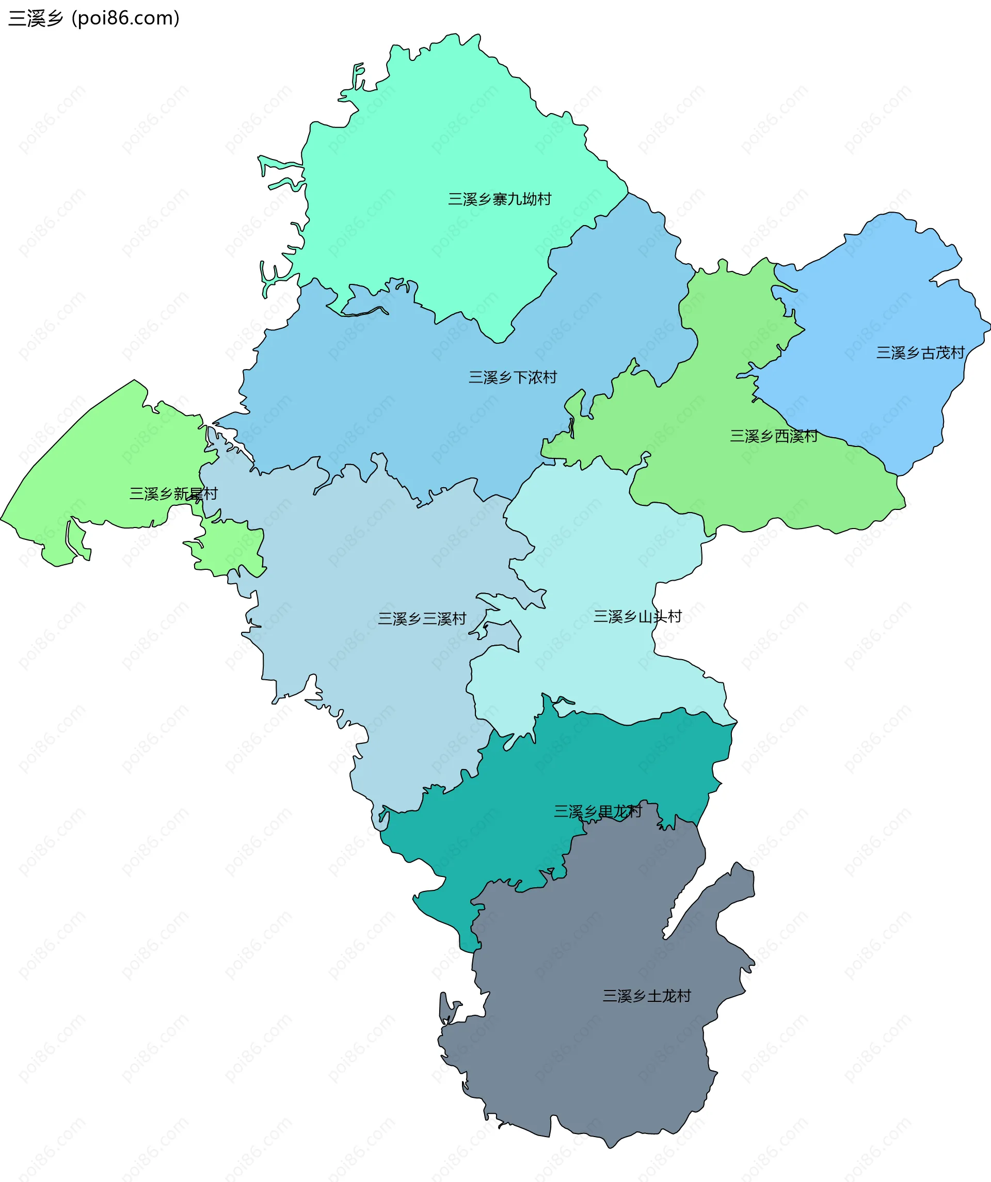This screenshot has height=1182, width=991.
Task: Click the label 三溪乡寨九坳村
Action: (x=499, y=199)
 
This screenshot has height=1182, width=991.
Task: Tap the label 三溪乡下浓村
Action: (x=513, y=377)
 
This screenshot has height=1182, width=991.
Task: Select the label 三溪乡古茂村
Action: (x=920, y=353)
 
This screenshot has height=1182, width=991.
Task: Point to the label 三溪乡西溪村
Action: (x=774, y=436)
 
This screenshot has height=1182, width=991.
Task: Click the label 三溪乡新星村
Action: (x=173, y=494)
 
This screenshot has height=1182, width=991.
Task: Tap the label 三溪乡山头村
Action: (x=637, y=617)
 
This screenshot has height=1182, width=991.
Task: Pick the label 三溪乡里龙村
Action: (x=598, y=811)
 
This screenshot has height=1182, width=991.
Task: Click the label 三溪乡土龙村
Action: (x=647, y=996)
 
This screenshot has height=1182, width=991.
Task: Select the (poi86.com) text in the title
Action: (x=125, y=19)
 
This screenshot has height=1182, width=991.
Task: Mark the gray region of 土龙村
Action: (x=591, y=1069)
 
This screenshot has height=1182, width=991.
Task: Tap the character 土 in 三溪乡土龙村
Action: (x=654, y=996)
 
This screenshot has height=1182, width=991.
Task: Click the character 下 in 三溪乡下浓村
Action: (x=520, y=377)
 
